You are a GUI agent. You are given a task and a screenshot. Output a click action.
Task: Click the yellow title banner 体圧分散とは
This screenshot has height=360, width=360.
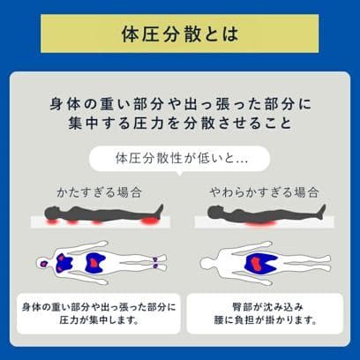[x=180, y=37]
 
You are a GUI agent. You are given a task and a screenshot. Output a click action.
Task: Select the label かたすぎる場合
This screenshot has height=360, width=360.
[x=99, y=191]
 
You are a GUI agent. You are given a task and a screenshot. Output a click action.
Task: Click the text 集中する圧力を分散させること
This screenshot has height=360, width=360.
[x=180, y=122]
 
